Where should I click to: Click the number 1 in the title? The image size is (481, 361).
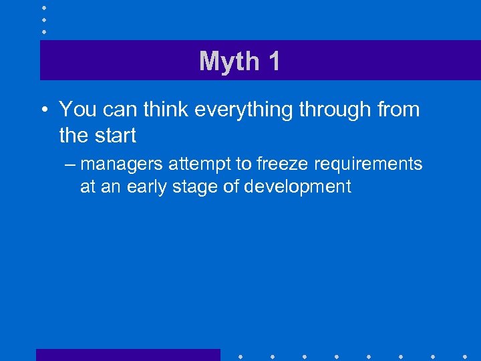click(x=273, y=62)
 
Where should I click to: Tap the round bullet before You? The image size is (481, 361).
click(x=43, y=110)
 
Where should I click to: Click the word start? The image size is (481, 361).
click(x=117, y=135)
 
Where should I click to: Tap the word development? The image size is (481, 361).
click(x=297, y=186)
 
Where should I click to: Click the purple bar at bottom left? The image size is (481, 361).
click(x=128, y=355)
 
